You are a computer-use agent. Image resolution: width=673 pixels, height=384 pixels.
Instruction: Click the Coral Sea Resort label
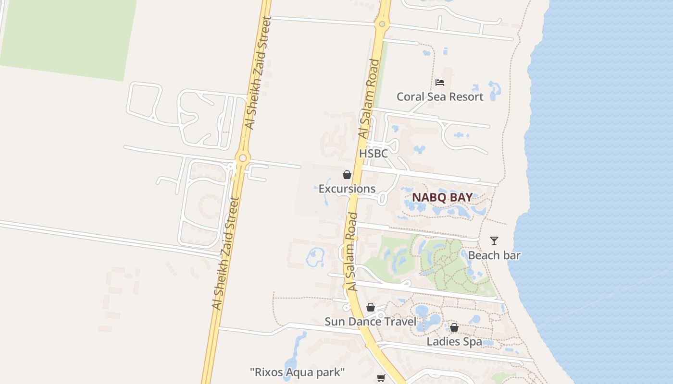point(440,97)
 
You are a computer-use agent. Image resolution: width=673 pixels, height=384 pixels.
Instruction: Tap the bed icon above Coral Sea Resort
point(440,83)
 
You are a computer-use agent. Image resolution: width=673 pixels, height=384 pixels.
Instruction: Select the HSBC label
point(374,154)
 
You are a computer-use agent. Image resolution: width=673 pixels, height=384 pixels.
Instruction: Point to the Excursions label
point(347,189)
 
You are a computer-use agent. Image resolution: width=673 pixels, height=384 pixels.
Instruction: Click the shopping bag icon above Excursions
point(347,175)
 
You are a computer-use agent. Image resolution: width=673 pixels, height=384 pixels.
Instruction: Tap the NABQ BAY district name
point(442,197)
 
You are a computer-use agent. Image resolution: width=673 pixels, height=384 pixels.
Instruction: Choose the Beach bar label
point(494,255)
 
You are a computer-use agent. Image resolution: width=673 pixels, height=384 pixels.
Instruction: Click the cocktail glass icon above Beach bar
point(494,241)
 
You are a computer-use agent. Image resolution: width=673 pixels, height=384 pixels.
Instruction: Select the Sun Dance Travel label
point(371,322)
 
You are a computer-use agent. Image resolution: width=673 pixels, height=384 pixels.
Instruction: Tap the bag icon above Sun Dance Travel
point(371,307)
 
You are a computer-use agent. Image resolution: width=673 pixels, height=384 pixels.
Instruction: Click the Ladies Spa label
point(454,342)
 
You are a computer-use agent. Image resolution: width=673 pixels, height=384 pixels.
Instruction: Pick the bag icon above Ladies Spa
point(454,327)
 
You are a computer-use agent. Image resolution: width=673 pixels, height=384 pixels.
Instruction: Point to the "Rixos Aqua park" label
point(298,372)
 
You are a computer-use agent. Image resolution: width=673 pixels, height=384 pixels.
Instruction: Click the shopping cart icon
point(381,378)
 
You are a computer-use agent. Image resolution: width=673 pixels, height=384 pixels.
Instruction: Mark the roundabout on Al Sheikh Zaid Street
point(243,157)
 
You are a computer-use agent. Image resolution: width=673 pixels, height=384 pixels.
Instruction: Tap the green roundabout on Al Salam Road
point(382,24)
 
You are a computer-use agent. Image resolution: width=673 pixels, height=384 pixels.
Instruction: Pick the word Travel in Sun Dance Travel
point(400,322)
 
